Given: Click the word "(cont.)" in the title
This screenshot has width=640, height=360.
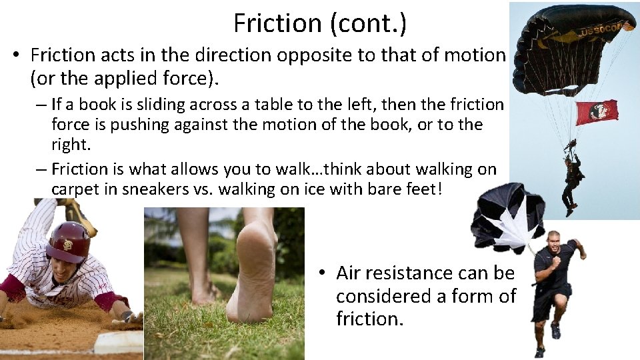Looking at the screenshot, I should (369, 24).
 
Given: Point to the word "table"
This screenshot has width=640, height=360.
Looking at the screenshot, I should (266, 105).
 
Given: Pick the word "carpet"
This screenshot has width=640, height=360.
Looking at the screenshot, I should (73, 189).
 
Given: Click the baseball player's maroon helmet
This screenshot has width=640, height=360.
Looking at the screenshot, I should (68, 241).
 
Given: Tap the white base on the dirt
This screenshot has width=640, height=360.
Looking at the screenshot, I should (119, 341).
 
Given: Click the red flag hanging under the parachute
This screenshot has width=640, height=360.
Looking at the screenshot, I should (596, 112).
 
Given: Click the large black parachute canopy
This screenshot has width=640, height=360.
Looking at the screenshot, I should (573, 33).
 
